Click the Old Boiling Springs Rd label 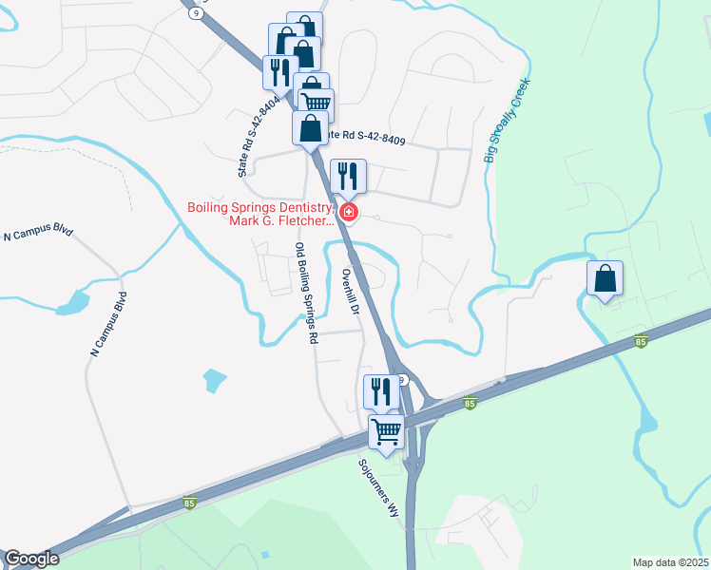(x=304, y=294)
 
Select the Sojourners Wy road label (x=380, y=488)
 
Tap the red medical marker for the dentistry (x=349, y=212)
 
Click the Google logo (x=31, y=559)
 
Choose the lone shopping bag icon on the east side (x=605, y=278)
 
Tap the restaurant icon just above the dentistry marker (x=348, y=176)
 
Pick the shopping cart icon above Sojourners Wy (x=387, y=431)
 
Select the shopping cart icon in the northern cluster (x=317, y=103)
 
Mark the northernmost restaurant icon (x=279, y=72)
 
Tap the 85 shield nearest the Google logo (x=190, y=503)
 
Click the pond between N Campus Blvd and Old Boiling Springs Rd (x=215, y=381)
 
